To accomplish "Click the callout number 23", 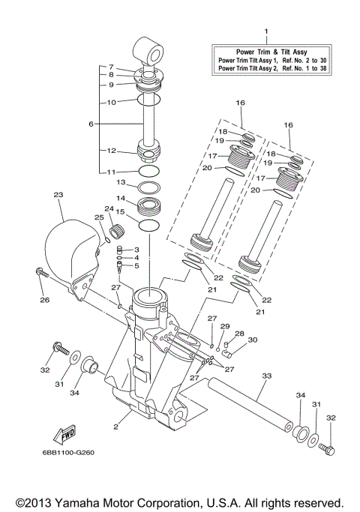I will (x=58, y=194).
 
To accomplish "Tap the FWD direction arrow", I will (x=61, y=434).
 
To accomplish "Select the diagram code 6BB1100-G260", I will (x=73, y=452).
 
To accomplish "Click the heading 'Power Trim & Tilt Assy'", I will (x=267, y=52).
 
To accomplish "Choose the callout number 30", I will (x=253, y=340).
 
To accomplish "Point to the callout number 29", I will (x=224, y=326).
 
